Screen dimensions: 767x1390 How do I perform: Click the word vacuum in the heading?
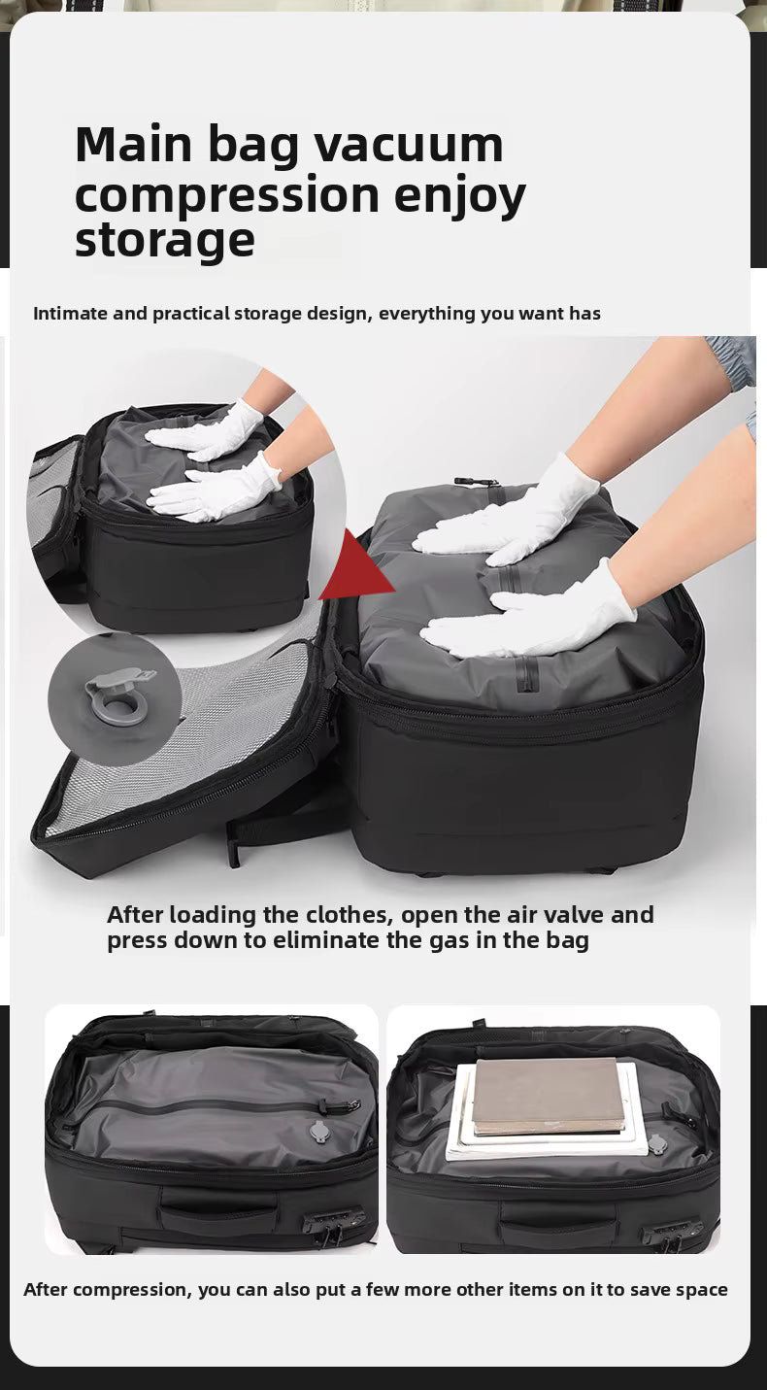coord(409,145)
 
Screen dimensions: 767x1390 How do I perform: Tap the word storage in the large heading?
coord(165,242)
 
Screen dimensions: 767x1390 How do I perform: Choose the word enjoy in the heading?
coord(460,195)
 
